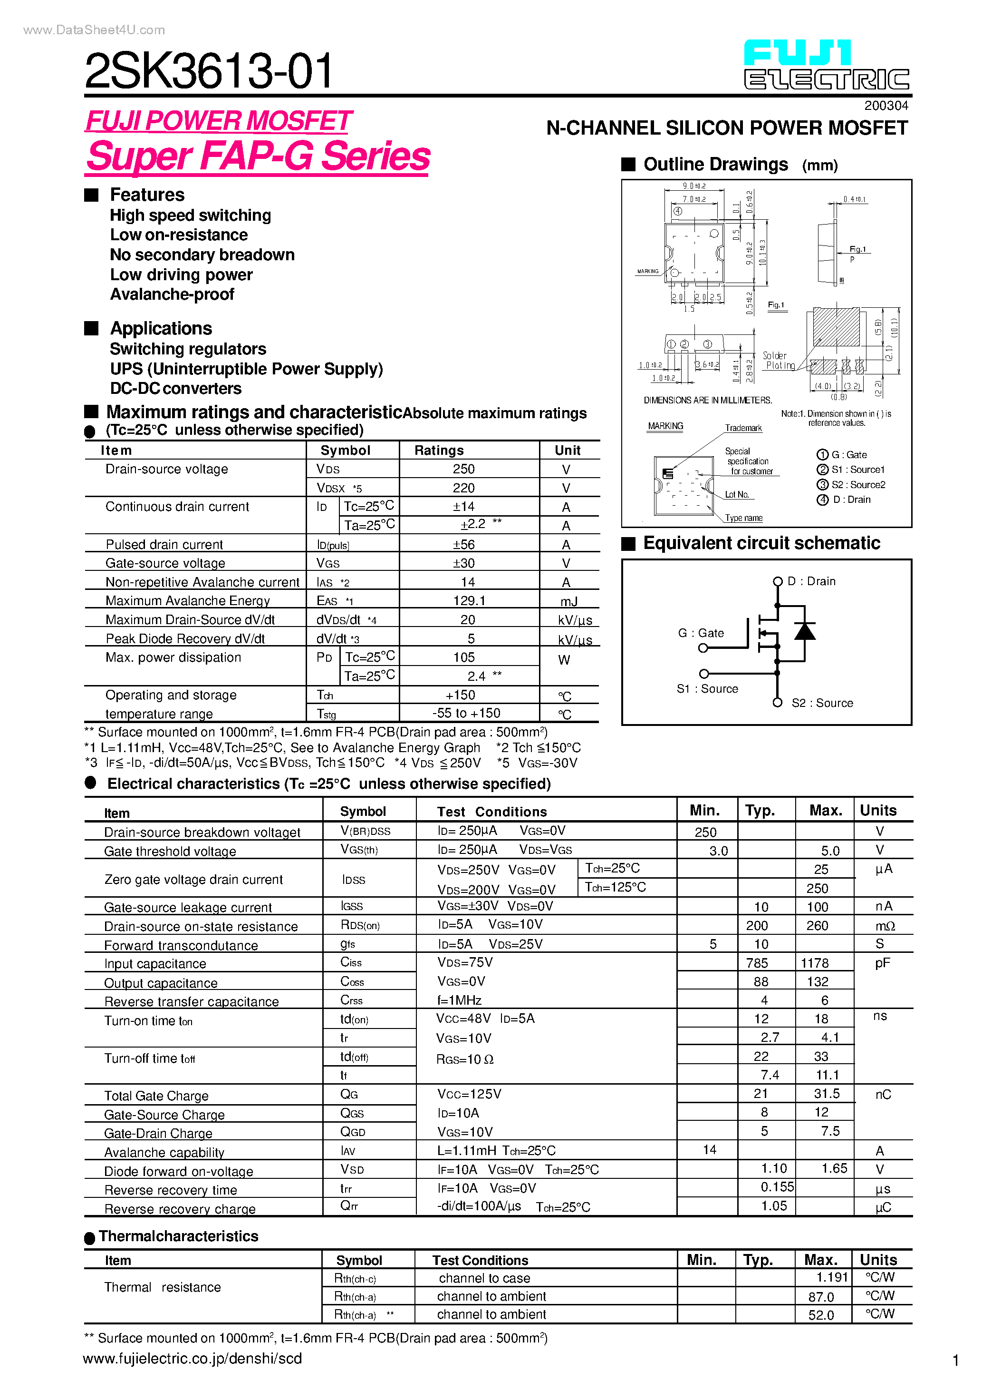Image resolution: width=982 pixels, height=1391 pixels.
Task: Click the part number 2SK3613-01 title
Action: (208, 71)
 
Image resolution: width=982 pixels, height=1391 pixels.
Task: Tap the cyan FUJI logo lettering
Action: (797, 53)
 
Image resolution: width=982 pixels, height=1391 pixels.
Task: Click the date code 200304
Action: (886, 106)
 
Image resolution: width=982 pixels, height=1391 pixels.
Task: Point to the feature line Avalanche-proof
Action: (172, 294)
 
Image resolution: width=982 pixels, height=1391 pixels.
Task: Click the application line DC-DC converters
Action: (175, 388)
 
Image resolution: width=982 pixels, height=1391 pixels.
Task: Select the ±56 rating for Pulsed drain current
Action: (464, 545)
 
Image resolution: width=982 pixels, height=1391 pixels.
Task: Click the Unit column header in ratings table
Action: (567, 450)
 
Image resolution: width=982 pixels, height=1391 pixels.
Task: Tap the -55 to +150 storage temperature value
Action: (466, 713)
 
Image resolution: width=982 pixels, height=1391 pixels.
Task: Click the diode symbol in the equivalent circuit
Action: (804, 632)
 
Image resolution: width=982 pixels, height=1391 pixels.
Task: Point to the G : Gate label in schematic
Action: (701, 633)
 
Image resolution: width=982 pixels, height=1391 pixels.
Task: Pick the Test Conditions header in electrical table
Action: (491, 812)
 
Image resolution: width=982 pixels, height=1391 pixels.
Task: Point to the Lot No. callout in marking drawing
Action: (737, 495)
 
